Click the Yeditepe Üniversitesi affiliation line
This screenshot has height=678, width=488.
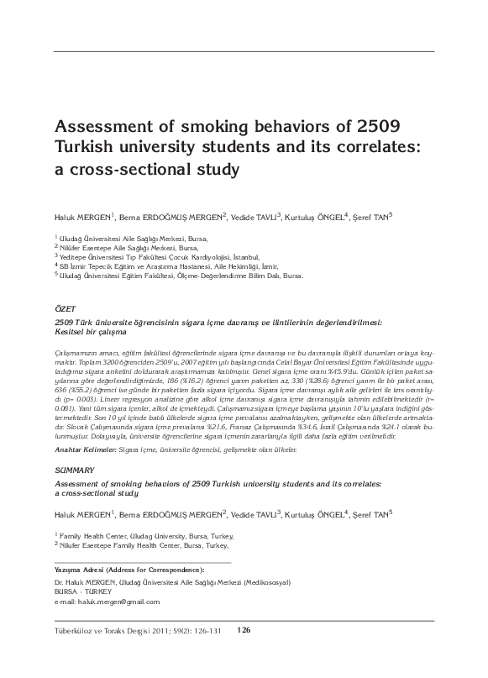click(159, 256)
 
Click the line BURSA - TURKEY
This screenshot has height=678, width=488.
click(83, 591)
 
